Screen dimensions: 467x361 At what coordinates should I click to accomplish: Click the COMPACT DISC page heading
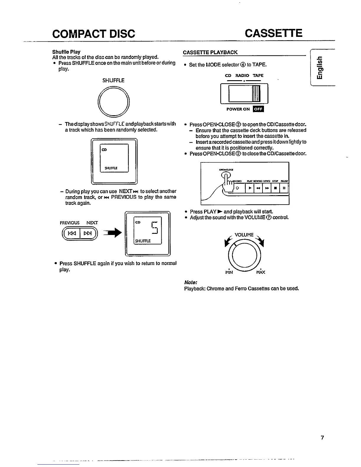93,34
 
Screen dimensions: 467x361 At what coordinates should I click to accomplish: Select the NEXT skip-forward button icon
88,234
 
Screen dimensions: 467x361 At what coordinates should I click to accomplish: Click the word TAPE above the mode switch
258,75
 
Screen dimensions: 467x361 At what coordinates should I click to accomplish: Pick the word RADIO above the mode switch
242,75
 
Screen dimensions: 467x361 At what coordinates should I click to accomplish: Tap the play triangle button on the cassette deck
250,188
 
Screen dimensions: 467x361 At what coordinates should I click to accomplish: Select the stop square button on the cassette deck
275,188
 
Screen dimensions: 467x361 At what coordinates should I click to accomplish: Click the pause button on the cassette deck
284,188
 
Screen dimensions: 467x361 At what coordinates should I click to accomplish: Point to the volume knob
244,254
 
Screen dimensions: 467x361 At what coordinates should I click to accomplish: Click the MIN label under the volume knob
229,272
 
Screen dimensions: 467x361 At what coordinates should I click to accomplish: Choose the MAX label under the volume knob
261,272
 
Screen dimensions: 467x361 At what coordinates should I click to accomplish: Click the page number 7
322,438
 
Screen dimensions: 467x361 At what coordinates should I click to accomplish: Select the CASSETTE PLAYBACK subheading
210,52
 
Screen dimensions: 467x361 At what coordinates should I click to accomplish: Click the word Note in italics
191,282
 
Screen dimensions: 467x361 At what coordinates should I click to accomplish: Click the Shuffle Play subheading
66,52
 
